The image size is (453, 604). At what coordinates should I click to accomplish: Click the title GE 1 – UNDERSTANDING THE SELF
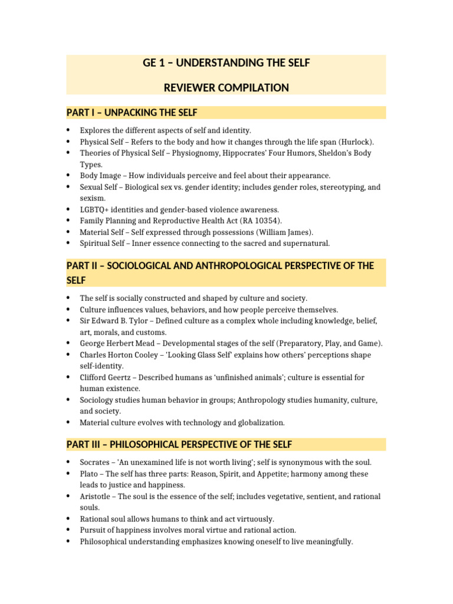pyautogui.click(x=226, y=63)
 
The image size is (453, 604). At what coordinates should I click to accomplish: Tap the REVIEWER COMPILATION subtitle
pyautogui.click(x=226, y=88)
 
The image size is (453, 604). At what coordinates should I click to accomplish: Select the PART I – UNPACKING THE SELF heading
pyautogui.click(x=132, y=113)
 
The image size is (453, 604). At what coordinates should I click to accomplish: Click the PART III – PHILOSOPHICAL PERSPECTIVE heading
pyautogui.click(x=179, y=444)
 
